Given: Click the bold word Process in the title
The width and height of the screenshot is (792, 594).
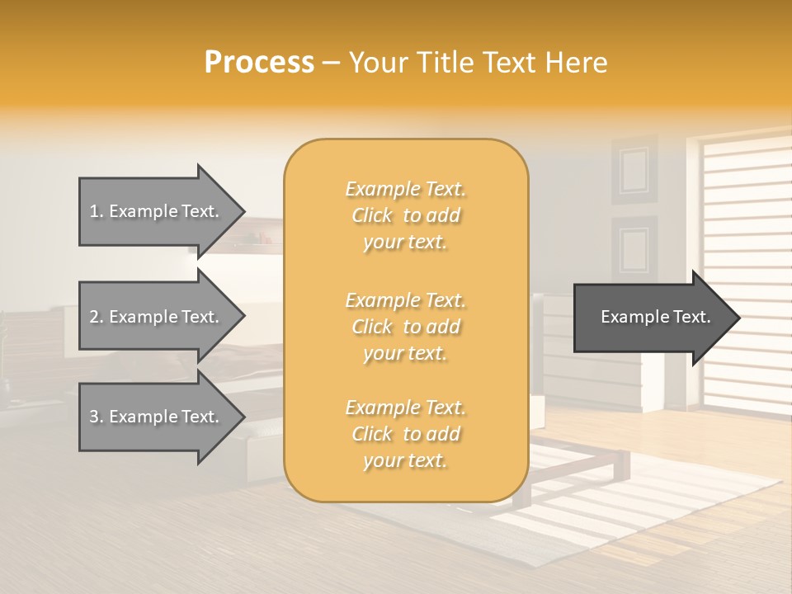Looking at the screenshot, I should pos(259,62).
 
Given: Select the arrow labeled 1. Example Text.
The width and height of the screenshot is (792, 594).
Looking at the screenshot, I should pos(157,211).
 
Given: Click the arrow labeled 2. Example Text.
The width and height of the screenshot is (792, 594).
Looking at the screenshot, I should pos(157,317).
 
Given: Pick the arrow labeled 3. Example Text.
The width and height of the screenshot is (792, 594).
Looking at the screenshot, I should pos(157,417).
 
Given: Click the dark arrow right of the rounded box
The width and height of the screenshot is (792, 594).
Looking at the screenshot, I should pos(652,318).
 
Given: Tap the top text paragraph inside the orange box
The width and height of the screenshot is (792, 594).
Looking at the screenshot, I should pos(405,215).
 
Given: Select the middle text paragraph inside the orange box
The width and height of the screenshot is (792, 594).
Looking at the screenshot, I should pos(405,326).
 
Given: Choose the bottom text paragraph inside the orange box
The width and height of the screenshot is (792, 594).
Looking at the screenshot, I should pos(405,434).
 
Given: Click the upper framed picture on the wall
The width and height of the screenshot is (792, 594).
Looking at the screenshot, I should pos(634,170).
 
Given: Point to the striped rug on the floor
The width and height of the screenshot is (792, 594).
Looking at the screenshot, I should pos(643,511).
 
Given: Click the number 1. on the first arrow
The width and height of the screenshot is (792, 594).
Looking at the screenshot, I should pos(97,211).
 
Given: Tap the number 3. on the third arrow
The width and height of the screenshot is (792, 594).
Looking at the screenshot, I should pos(97,417).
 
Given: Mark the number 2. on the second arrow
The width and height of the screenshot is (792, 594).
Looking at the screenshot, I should pos(97,317).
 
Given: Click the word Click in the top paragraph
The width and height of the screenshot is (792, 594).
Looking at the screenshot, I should pos(372,215).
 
